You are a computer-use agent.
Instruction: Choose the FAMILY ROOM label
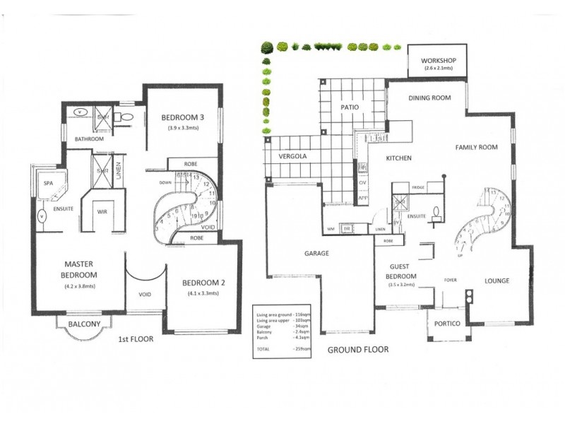[x=476, y=148]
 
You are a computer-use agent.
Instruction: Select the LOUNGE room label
[x=497, y=281]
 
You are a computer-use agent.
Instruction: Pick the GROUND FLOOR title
[x=358, y=350]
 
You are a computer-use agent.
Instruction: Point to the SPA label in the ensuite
[x=49, y=183]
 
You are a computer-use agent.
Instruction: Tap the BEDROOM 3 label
[x=183, y=117]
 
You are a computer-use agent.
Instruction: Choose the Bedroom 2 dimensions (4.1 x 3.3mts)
[x=206, y=293]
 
